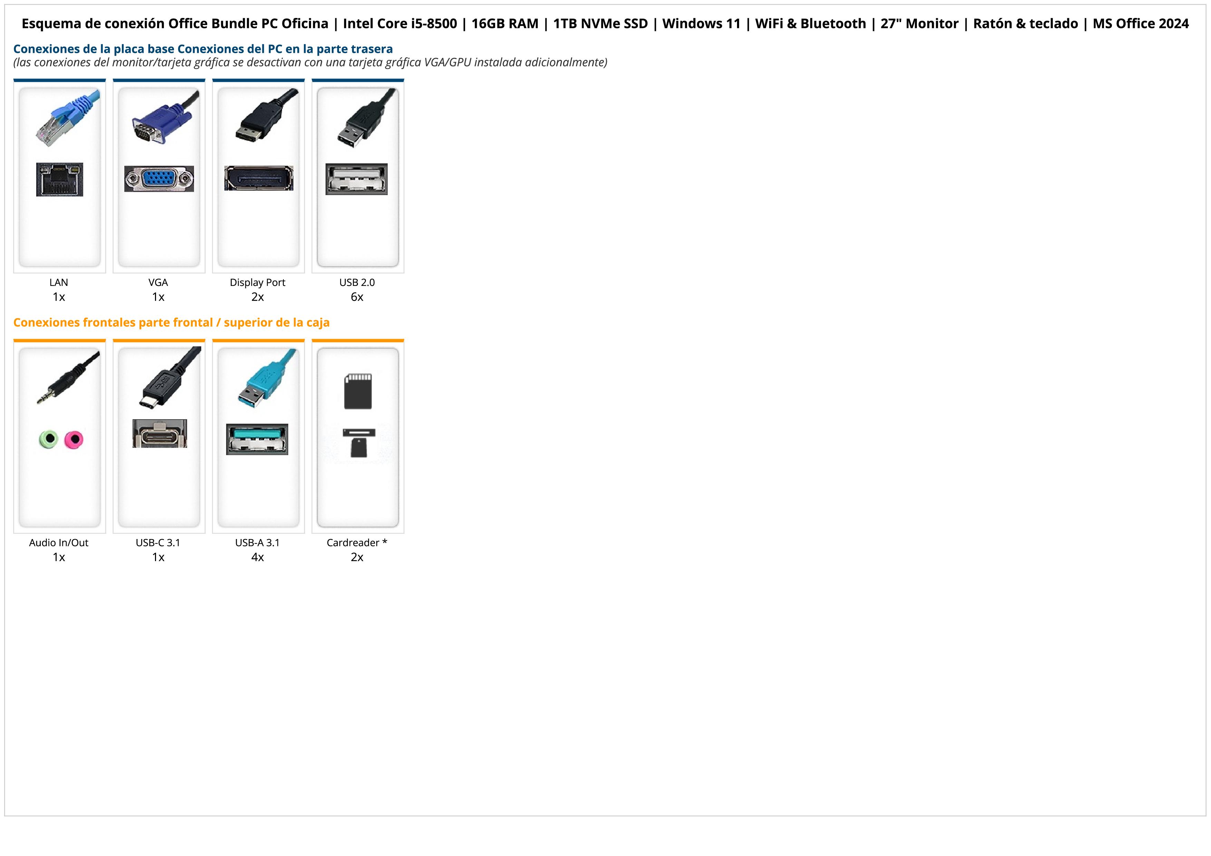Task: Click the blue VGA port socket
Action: (159, 179)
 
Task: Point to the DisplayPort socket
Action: (259, 178)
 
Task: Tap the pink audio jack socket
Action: (74, 439)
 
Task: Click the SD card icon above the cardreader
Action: (358, 391)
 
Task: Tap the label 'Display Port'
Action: (258, 283)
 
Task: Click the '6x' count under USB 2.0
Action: (357, 297)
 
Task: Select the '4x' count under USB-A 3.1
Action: (258, 557)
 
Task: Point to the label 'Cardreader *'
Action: (357, 543)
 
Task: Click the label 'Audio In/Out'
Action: (59, 543)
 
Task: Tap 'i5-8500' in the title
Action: (434, 24)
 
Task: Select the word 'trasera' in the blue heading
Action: (372, 49)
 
